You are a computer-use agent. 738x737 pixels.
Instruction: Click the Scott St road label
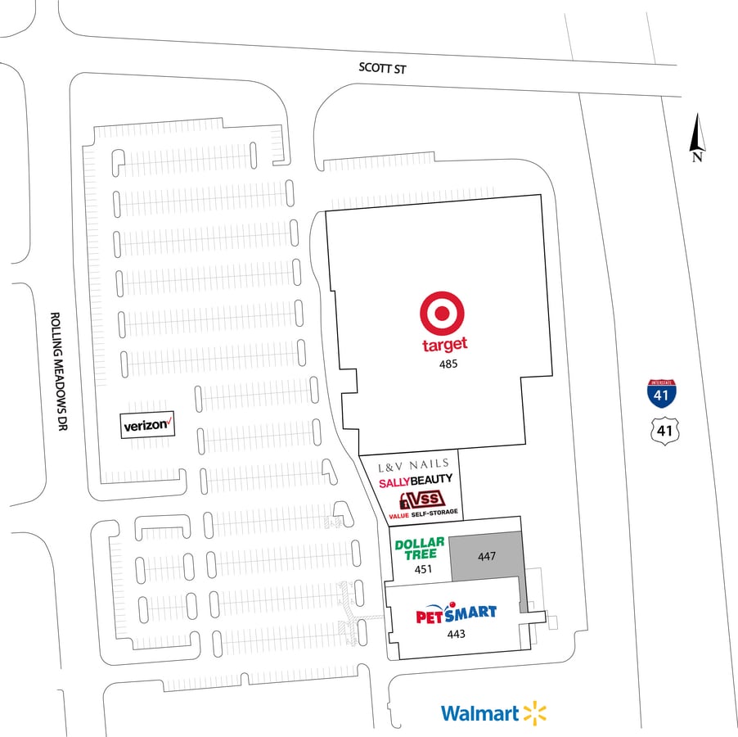pos(382,70)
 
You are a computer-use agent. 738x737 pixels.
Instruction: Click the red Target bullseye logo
pos(443,314)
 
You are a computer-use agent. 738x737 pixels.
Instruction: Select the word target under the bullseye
pos(444,345)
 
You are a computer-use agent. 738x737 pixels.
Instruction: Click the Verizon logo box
pos(148,425)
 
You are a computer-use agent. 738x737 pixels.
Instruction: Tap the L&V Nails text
pos(413,466)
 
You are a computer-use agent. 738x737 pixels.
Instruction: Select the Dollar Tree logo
pos(420,548)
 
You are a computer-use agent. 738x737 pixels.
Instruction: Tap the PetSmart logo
pos(456,614)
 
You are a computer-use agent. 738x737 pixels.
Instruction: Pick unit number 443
pos(456,634)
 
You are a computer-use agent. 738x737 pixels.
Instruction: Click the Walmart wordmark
pos(479,713)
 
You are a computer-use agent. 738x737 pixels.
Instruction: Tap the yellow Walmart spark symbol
pos(534,713)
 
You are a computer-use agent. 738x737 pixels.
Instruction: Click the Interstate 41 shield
pos(661,394)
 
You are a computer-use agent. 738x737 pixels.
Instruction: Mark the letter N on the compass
pos(697,157)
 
